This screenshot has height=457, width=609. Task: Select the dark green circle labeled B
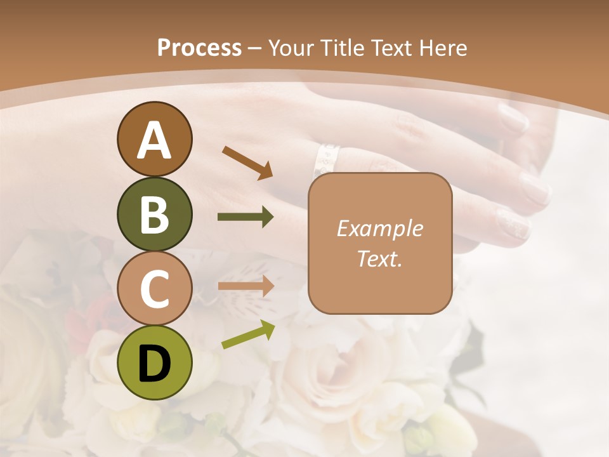pos(154,215)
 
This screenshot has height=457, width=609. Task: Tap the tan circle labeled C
pos(154,289)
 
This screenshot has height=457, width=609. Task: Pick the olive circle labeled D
pos(154,362)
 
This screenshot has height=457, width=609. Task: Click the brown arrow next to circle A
pos(247,162)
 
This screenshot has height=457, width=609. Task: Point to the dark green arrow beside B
pos(246,217)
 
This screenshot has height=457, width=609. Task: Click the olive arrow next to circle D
pos(248,334)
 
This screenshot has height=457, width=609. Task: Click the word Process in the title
pos(199,48)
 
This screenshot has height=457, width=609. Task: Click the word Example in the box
pos(379,228)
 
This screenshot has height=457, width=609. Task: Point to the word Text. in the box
pos(379,259)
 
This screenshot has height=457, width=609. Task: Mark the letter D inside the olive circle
pos(154,364)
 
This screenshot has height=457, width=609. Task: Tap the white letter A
pos(154,140)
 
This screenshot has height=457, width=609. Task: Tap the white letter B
pos(154,215)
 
